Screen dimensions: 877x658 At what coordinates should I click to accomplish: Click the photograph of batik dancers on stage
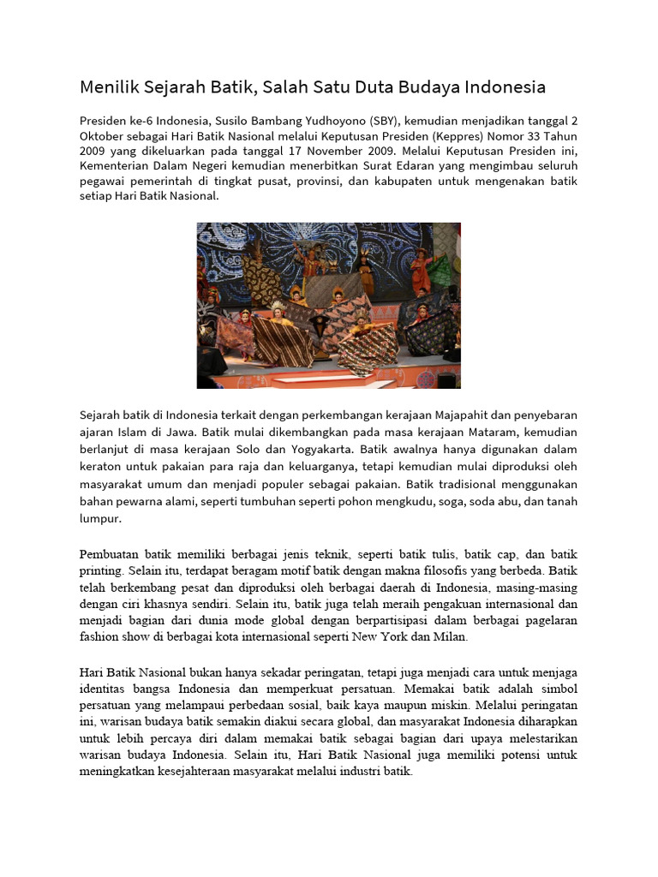pos(329,306)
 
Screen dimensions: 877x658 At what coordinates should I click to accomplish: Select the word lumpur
pos(101,518)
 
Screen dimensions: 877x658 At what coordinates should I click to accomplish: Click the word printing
pos(104,569)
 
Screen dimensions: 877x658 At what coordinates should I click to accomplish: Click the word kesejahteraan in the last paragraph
pos(184,772)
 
